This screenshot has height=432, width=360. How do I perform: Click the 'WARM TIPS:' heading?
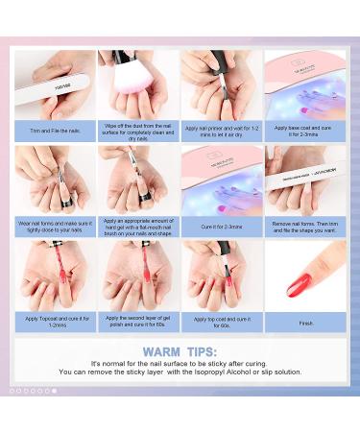pyautogui.click(x=180, y=350)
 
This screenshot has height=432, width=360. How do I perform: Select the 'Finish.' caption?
pyautogui.click(x=304, y=322)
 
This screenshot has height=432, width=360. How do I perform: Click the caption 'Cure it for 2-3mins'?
pyautogui.click(x=221, y=227)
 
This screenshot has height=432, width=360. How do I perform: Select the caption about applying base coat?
pyautogui.click(x=304, y=130)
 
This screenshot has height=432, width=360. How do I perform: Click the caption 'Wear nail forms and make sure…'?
pyautogui.click(x=54, y=227)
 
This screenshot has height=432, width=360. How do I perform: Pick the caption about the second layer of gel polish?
pyautogui.click(x=137, y=322)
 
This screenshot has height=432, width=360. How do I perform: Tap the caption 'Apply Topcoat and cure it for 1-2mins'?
pyautogui.click(x=54, y=322)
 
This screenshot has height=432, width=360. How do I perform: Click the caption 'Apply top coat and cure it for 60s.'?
pyautogui.click(x=221, y=322)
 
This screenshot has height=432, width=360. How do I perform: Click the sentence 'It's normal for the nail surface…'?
pyautogui.click(x=180, y=363)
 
